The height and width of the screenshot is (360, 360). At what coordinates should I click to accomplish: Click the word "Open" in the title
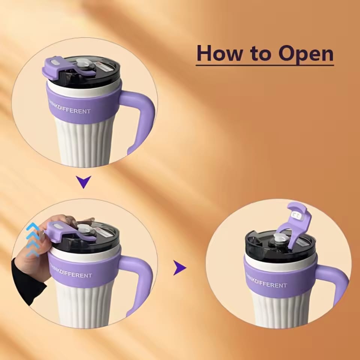pos(306,54)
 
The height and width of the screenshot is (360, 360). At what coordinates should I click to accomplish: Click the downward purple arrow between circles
pos(84,182)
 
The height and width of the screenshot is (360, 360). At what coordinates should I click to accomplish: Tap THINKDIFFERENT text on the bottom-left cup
pos(72,275)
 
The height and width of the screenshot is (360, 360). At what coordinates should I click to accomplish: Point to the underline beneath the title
pos(264,66)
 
